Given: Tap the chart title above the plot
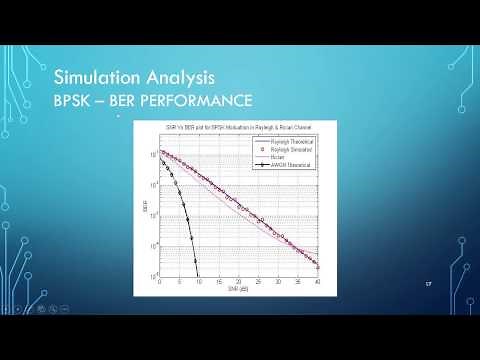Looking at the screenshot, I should (x=240, y=132).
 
